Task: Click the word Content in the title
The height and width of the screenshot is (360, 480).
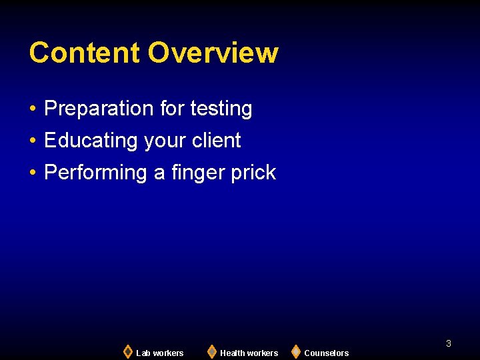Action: coord(85,53)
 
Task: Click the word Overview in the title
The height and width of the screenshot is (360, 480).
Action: coord(213,53)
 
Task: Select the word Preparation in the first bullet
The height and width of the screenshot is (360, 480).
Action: coord(99,109)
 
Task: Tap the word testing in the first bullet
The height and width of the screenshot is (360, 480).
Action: coord(221,109)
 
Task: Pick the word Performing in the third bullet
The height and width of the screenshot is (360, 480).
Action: coord(95,173)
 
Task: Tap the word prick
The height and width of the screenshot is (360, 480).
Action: coord(253,173)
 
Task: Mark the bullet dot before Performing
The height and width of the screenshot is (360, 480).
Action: coord(33,173)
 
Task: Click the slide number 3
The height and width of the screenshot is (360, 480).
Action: coord(449,343)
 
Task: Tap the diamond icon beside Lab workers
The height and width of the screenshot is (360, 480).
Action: coord(128,351)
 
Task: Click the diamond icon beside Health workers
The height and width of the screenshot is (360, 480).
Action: coord(212,351)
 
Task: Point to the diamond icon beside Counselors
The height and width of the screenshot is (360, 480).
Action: coord(296,351)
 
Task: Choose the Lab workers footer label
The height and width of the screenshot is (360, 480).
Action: coord(160,353)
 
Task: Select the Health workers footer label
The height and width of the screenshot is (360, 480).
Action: coord(249,353)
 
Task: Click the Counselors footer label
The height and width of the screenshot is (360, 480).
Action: coord(327,353)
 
